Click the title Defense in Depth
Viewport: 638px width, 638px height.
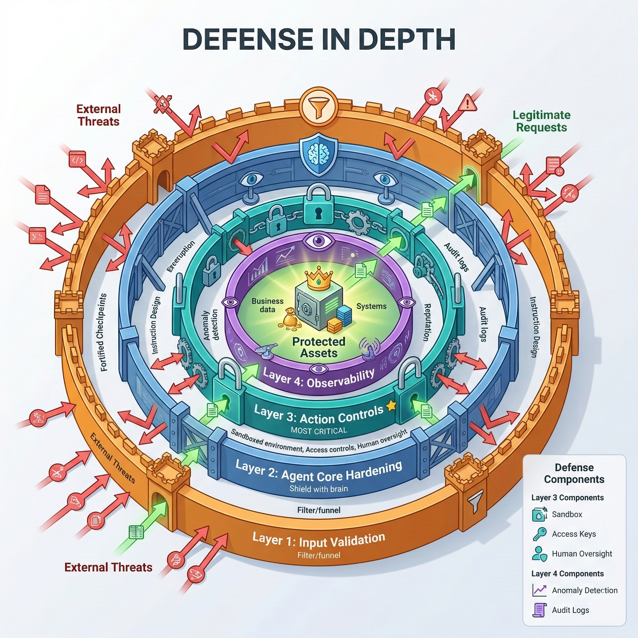[x=319, y=39]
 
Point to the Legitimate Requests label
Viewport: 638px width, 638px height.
[x=541, y=121]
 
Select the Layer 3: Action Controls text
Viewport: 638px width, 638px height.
[x=319, y=414]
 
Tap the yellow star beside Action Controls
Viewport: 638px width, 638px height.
[x=391, y=406]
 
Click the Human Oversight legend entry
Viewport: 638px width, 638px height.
[x=582, y=554]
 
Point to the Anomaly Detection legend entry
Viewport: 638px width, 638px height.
[x=584, y=590]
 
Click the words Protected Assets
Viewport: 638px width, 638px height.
[x=319, y=347]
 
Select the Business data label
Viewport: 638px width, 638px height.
[x=268, y=305]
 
